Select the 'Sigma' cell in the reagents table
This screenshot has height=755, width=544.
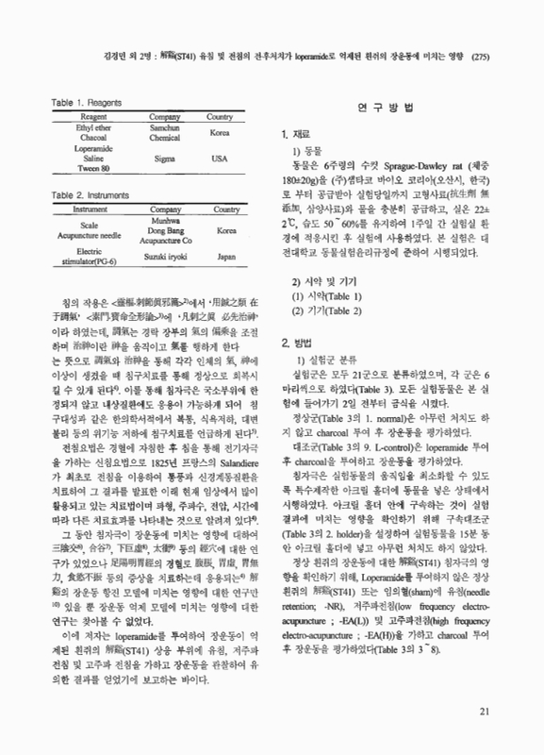point(164,159)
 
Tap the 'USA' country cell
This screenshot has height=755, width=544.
point(221,159)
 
